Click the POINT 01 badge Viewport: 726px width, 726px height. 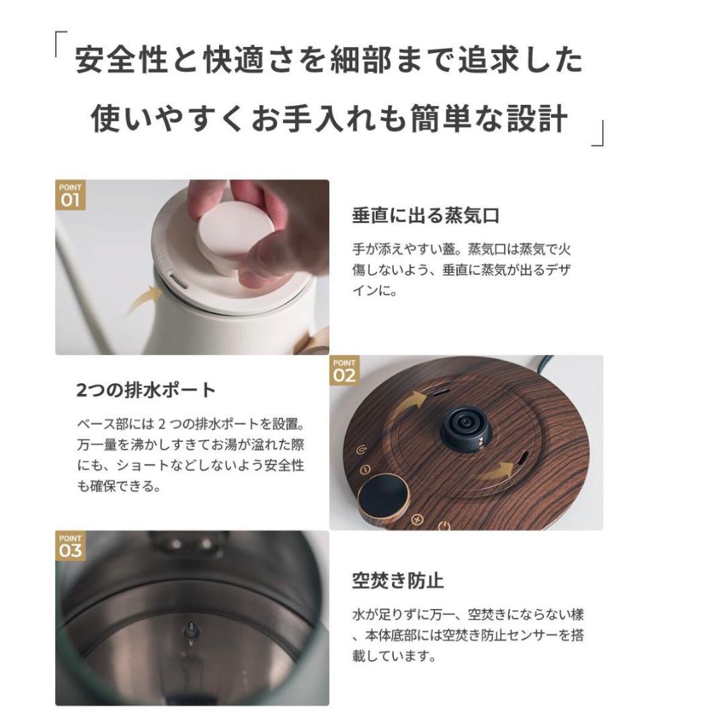pos(70,195)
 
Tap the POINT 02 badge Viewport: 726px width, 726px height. pos(344,370)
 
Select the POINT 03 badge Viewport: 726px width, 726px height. pos(70,546)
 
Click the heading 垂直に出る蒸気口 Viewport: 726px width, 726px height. pos(426,216)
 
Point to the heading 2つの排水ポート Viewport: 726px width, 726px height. pos(146,390)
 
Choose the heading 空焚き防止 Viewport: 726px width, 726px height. pos(398,579)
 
